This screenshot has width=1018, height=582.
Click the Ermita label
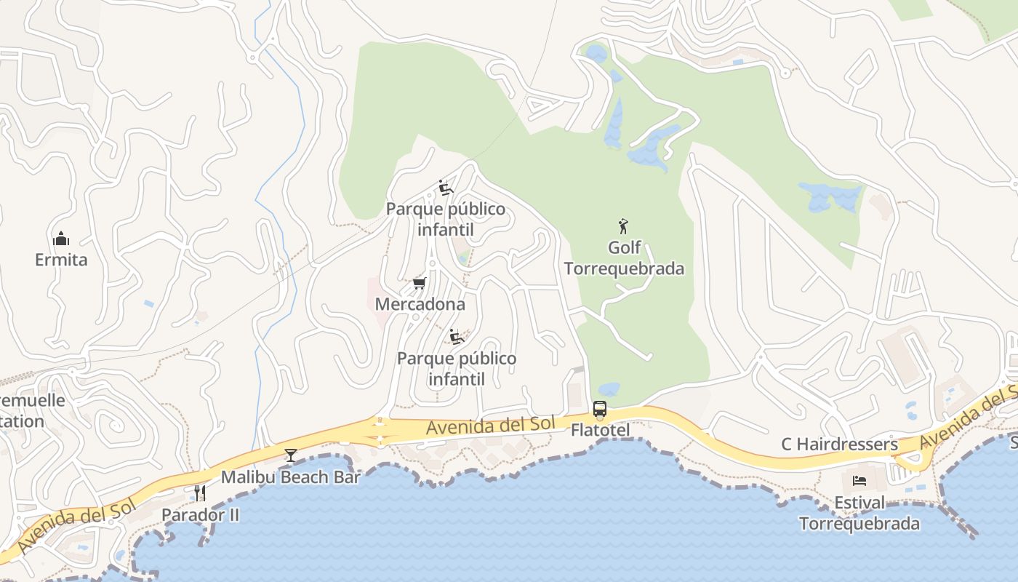[x=61, y=260]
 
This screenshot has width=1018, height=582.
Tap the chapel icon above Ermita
[x=61, y=239]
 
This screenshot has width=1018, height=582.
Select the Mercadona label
[x=420, y=303]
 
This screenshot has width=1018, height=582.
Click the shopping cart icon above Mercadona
[x=419, y=283]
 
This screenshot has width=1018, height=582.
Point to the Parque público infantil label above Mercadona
[x=445, y=219]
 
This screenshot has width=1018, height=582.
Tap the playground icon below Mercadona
[x=457, y=337]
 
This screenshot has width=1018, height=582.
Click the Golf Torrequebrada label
[x=624, y=258]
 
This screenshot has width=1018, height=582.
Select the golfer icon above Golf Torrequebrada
[x=623, y=226]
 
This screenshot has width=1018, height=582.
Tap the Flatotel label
[x=600, y=430]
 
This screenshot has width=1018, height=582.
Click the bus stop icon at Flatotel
[x=600, y=410]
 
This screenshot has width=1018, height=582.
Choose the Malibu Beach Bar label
[x=291, y=477]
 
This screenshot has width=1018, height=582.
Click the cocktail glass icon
[x=291, y=456]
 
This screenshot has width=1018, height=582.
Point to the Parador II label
[x=200, y=514]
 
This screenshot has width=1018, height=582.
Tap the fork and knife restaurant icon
[x=199, y=493]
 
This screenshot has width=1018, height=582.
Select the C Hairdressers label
[x=839, y=444]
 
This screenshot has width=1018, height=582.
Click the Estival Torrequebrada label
[x=859, y=513]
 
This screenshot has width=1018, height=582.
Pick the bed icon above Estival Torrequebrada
[x=859, y=481]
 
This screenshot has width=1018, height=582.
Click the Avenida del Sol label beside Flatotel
[x=491, y=426]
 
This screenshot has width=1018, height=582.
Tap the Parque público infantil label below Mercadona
[x=457, y=369]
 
